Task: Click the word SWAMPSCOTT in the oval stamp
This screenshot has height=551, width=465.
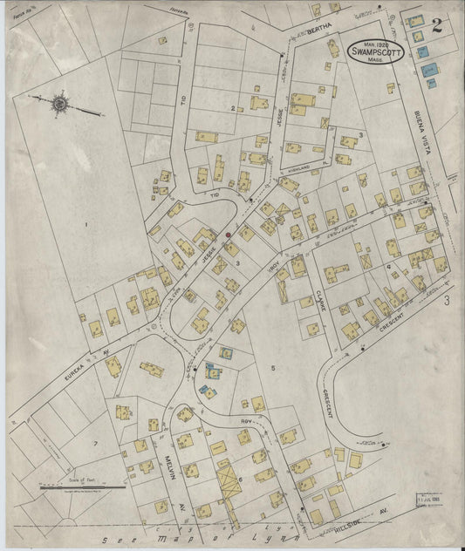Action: (x=377, y=50)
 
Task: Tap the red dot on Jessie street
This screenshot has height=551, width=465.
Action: (x=228, y=233)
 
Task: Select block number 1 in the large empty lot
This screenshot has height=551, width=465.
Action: (x=86, y=225)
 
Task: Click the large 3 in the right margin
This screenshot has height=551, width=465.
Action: (x=445, y=302)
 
